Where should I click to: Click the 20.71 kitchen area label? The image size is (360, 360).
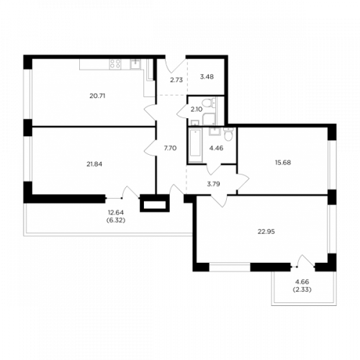pyautogui.click(x=97, y=96)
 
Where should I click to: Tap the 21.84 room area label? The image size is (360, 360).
pyautogui.click(x=94, y=164)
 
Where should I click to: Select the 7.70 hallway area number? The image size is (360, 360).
pyautogui.click(x=170, y=148)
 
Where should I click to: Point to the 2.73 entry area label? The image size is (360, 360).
pyautogui.click(x=176, y=80)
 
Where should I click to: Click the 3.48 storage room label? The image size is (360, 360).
pyautogui.click(x=207, y=77)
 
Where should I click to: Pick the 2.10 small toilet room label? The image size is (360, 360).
pyautogui.click(x=197, y=109)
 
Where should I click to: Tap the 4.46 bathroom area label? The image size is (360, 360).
pyautogui.click(x=216, y=148)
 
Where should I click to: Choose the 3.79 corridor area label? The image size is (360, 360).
pyautogui.click(x=213, y=184)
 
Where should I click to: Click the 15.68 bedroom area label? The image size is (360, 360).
pyautogui.click(x=283, y=163)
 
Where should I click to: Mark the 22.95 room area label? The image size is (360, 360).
pyautogui.click(x=266, y=232)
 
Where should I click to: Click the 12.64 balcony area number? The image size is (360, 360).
pyautogui.click(x=116, y=212)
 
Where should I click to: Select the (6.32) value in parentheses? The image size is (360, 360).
pyautogui.click(x=116, y=220)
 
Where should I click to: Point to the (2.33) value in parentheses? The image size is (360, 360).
pyautogui.click(x=302, y=289)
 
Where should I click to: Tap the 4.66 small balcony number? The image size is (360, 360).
pyautogui.click(x=302, y=282)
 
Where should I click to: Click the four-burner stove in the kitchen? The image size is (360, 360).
pyautogui.click(x=115, y=64)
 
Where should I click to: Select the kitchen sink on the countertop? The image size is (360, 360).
pyautogui.click(x=135, y=64)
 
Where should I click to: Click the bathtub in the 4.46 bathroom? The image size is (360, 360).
pyautogui.click(x=195, y=145)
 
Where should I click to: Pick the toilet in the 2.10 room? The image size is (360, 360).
pyautogui.click(x=206, y=103)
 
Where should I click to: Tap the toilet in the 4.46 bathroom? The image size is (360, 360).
pyautogui.click(x=228, y=135)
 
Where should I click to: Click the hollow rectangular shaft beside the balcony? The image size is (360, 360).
pyautogui.click(x=155, y=204)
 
